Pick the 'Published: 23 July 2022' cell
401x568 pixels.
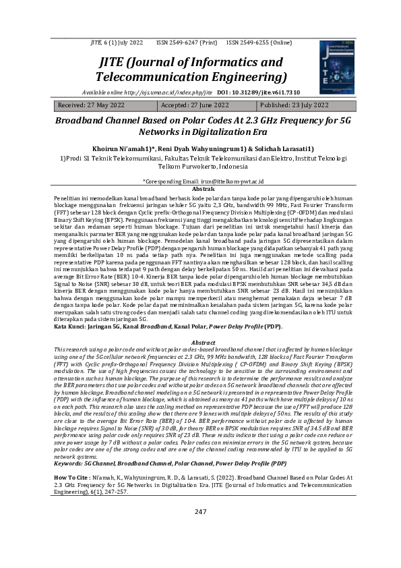(294, 106)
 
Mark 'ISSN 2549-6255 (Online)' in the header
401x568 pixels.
(259, 42)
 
